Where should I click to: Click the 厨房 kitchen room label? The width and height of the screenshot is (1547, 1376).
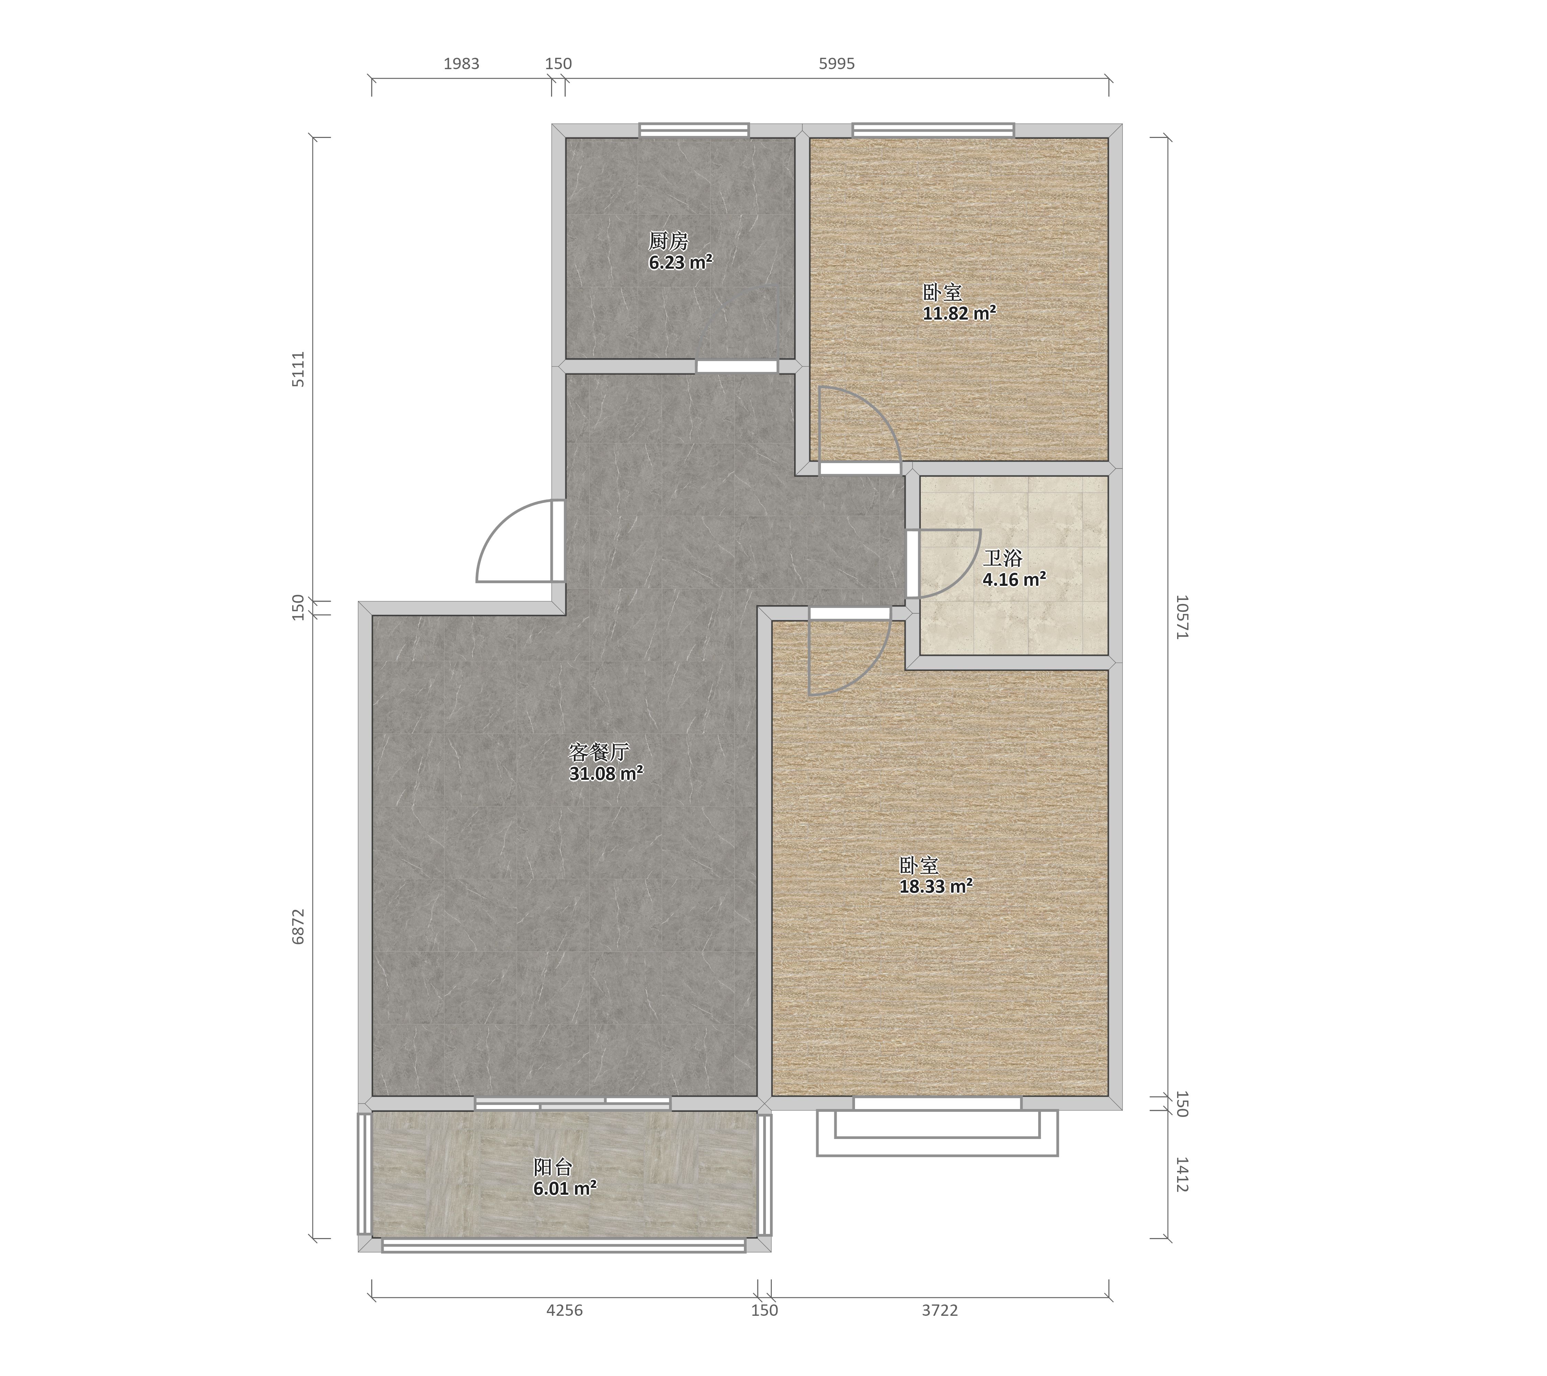668,241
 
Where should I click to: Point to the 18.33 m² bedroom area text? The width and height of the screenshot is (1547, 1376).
935,886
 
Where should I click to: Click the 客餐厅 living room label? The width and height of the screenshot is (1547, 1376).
599,752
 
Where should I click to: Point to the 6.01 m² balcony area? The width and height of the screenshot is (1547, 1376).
564,1188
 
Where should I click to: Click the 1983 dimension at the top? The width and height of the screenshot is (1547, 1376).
462,64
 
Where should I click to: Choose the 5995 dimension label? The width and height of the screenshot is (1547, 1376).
837,64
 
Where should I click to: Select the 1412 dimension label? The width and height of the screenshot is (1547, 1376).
1182,1174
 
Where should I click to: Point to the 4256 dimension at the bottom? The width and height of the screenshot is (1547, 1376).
564,1310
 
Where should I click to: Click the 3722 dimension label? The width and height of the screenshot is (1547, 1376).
940,1310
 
